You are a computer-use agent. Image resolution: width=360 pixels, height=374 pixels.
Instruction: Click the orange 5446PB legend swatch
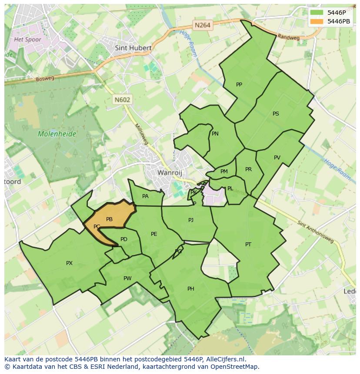coord(317,21)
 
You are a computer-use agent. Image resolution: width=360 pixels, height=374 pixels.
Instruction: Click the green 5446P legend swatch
coord(317,13)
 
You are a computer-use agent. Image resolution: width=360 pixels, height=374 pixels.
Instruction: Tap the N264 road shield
coord(202,25)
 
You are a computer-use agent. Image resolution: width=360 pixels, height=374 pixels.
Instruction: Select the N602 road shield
coord(122,99)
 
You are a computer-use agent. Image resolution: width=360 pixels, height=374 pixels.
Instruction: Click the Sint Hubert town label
coord(133,48)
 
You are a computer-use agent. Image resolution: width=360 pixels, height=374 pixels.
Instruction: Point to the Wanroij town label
coord(168,172)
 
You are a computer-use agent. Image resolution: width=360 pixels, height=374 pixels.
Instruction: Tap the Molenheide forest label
coord(57,134)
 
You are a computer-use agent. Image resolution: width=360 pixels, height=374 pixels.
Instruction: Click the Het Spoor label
coord(27,40)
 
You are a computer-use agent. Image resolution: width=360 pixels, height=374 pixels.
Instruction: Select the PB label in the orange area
coord(109,219)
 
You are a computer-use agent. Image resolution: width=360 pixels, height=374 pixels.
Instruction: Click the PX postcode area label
coord(69,263)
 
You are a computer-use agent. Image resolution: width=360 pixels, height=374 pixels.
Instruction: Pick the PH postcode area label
coord(190,289)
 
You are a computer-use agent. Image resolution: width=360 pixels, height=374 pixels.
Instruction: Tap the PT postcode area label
coord(248,245)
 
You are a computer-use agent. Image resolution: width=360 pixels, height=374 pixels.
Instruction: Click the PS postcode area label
coord(276,114)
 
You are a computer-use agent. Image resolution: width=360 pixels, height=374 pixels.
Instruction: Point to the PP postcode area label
coord(239,85)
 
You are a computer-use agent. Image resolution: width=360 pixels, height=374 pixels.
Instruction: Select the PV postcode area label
coord(277,158)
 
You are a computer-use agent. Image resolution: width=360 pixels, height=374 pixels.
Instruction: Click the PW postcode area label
coord(127,278)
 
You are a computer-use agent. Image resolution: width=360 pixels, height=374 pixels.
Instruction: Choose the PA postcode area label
coord(145,196)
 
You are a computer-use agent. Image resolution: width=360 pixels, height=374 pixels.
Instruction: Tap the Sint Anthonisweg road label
coord(315,231)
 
